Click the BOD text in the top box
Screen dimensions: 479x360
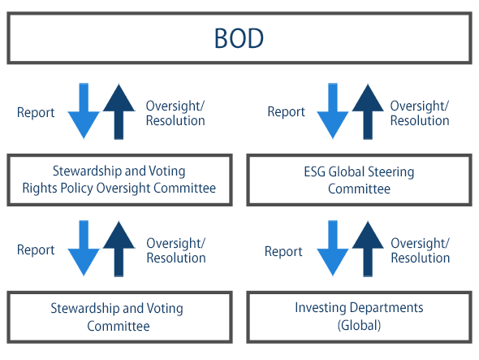point(239,38)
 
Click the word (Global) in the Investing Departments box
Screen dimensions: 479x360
point(359,325)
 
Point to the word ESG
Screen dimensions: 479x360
point(315,171)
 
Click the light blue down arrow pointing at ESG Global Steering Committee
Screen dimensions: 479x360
point(333,111)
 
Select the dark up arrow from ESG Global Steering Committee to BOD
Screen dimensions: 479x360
point(368,111)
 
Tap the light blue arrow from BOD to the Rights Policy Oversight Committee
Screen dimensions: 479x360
point(84,111)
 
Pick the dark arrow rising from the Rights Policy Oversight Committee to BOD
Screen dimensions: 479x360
point(119,111)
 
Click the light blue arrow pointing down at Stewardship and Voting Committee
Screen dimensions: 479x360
point(84,249)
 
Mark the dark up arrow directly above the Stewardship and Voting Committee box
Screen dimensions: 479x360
point(119,249)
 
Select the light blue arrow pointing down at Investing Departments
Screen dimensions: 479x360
point(333,249)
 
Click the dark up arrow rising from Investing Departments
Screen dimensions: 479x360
point(368,249)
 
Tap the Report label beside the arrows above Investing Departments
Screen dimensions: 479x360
point(283,251)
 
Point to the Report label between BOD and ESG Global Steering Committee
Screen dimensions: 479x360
point(287,111)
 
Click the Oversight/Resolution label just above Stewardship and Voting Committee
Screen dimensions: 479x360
point(176,250)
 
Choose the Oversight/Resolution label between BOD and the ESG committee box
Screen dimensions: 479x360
point(420,113)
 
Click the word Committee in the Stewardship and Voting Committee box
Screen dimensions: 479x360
point(119,326)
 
